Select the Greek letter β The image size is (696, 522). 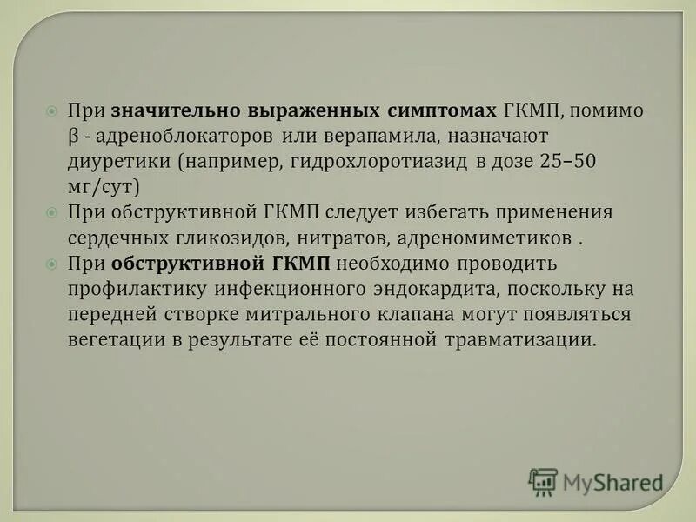coord(73,137)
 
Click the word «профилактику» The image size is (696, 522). coord(125,288)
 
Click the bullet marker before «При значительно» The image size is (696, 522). coord(51,112)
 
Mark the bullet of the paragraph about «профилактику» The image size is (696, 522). coord(51,263)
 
